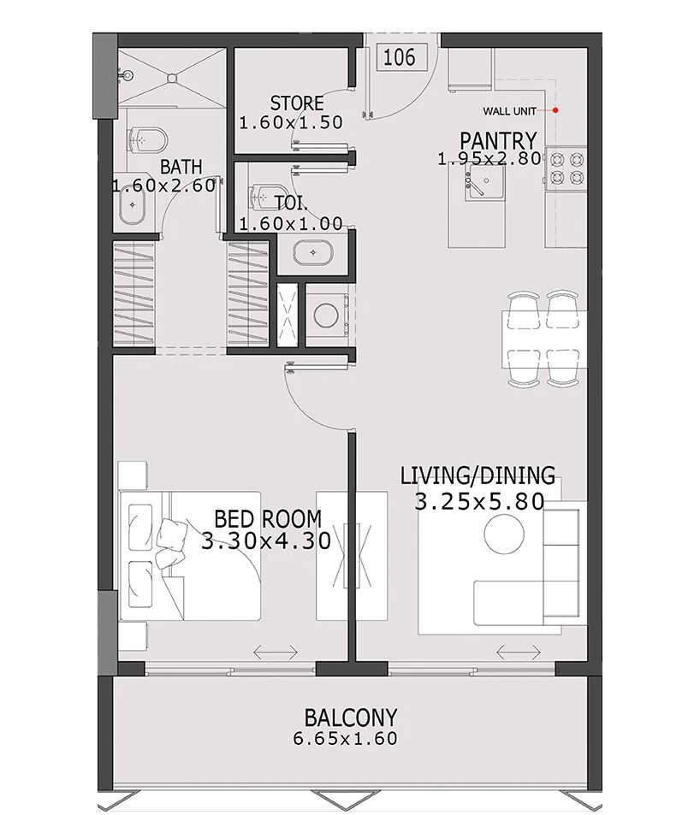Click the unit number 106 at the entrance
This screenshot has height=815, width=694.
point(400,57)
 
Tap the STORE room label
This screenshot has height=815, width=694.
point(297,103)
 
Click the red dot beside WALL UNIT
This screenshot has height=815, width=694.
point(555,109)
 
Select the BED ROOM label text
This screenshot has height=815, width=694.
point(267,518)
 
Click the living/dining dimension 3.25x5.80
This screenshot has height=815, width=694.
point(479,502)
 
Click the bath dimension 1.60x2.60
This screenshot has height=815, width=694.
point(163,186)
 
